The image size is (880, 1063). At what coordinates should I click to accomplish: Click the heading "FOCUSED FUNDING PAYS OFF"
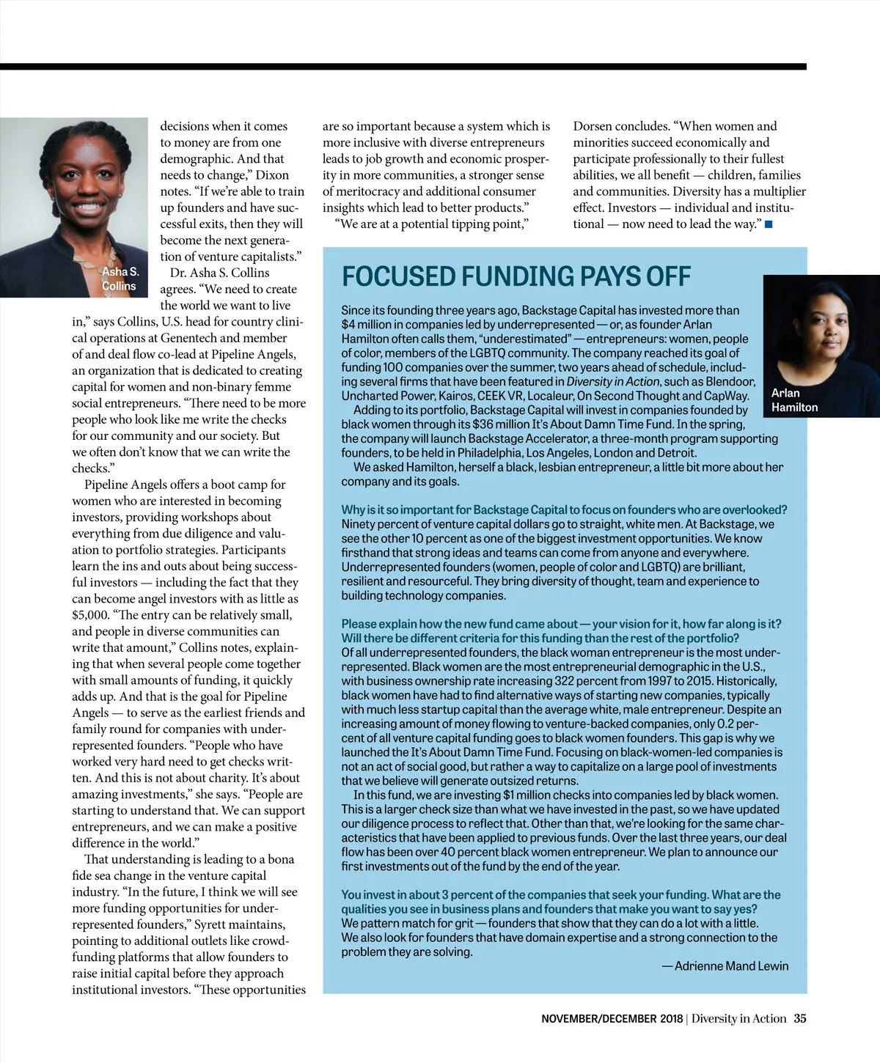coord(516,277)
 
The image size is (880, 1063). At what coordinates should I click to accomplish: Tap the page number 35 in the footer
coord(799,1018)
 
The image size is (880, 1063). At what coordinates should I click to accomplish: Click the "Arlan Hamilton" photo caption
coord(794,400)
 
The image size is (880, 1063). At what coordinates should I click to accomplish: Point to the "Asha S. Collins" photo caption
coord(120,279)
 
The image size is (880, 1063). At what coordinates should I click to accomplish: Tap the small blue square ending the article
coord(769,224)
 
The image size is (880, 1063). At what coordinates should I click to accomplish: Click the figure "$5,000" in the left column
coord(90,615)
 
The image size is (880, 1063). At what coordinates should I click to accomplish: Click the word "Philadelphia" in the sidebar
coord(490,453)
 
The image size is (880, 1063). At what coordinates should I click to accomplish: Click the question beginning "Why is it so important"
coord(564,510)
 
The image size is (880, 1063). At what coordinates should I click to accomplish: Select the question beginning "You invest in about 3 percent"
coord(560,902)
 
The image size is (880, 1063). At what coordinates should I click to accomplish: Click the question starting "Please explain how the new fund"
coord(561,631)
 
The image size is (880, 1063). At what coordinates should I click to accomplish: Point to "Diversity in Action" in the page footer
coord(738,1018)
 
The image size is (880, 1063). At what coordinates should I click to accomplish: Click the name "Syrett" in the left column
coord(213,924)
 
